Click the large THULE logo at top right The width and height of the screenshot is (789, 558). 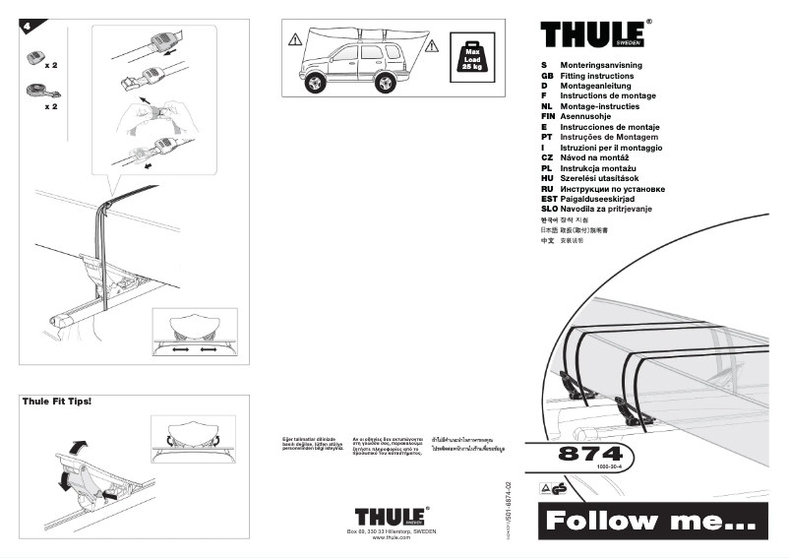tap(593, 34)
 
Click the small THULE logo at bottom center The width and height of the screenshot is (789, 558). tap(391, 517)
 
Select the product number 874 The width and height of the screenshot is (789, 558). tap(590, 455)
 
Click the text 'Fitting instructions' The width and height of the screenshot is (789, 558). tap(597, 76)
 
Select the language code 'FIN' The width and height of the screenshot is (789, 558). tap(549, 116)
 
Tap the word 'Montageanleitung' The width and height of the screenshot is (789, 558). tap(599, 86)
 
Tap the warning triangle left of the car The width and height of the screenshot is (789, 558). tap(294, 40)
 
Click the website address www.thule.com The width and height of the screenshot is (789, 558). tap(391, 538)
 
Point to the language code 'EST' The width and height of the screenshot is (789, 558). tap(549, 199)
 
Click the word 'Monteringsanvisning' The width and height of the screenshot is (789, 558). tap(601, 65)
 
